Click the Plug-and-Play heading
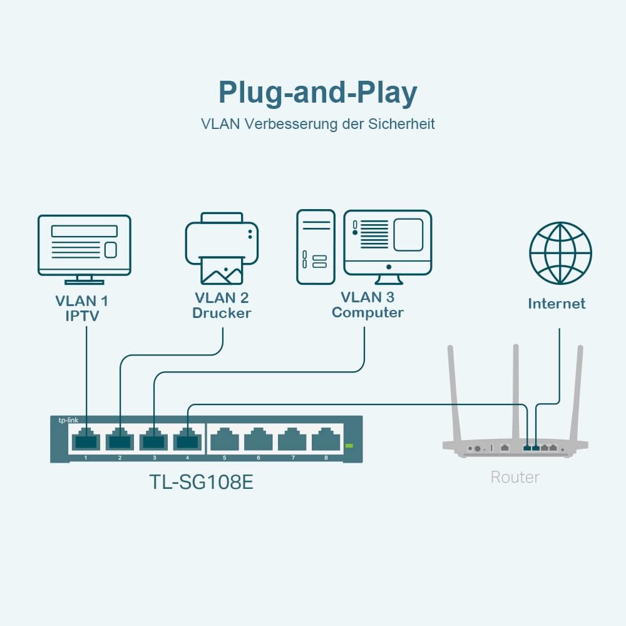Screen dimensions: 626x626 [317, 93]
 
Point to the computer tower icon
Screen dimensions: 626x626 [316, 247]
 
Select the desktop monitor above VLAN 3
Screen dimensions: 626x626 [387, 244]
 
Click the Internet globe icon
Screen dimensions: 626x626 [560, 252]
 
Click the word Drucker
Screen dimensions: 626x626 [222, 313]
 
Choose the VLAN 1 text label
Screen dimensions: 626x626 [82, 301]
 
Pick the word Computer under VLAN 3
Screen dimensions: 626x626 [367, 312]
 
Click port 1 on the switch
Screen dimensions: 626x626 [86, 441]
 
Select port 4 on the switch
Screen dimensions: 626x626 [187, 441]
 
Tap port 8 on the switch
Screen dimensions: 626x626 [326, 441]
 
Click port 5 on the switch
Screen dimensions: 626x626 [224, 441]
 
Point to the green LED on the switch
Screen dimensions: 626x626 [349, 446]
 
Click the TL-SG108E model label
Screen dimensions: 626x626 [201, 482]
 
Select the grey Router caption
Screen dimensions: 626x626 [515, 477]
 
